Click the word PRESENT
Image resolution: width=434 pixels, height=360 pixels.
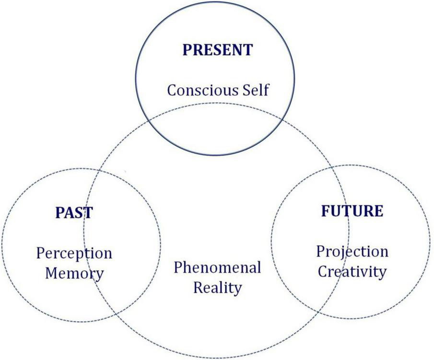pyautogui.click(x=217, y=50)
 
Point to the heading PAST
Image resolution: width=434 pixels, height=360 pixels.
pyautogui.click(x=74, y=212)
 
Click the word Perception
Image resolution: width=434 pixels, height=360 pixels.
pyautogui.click(x=74, y=253)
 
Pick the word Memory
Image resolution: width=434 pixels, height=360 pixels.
pyautogui.click(x=74, y=273)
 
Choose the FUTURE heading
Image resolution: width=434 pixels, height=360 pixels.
pyautogui.click(x=352, y=211)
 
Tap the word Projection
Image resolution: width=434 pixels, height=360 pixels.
pyautogui.click(x=352, y=251)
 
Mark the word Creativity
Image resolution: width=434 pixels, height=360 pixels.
pyautogui.click(x=352, y=272)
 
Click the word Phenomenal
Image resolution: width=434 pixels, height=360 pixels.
pyautogui.click(x=217, y=267)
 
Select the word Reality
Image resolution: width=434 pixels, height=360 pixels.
pyautogui.click(x=217, y=288)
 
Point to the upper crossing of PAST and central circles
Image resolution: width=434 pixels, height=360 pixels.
pyautogui.click(x=99, y=171)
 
